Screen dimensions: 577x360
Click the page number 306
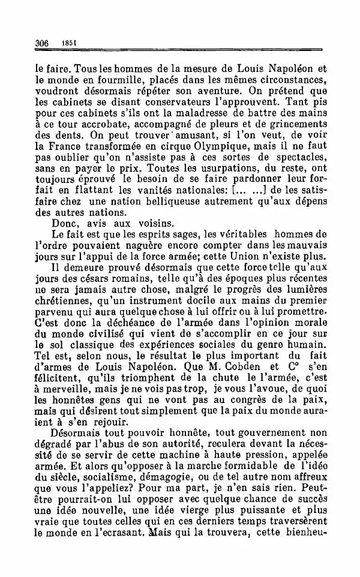[41, 43]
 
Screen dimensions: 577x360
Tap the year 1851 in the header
[65, 43]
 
